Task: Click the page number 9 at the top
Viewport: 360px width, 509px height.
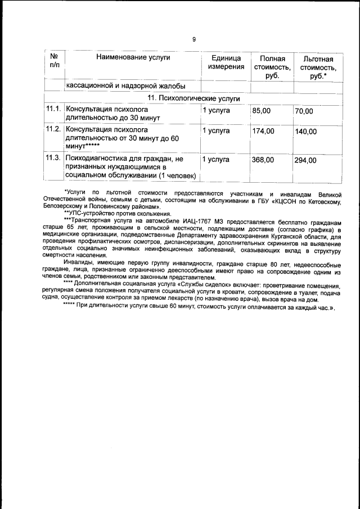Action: tap(193, 39)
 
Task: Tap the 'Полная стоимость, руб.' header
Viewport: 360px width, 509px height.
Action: tap(272, 67)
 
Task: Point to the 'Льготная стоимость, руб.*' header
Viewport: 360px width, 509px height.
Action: tap(318, 67)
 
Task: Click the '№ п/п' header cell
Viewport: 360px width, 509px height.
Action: tap(55, 62)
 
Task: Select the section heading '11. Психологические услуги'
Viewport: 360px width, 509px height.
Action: tap(193, 98)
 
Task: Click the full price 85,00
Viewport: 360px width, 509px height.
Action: tap(261, 111)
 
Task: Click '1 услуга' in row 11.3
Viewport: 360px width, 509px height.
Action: tap(216, 160)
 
